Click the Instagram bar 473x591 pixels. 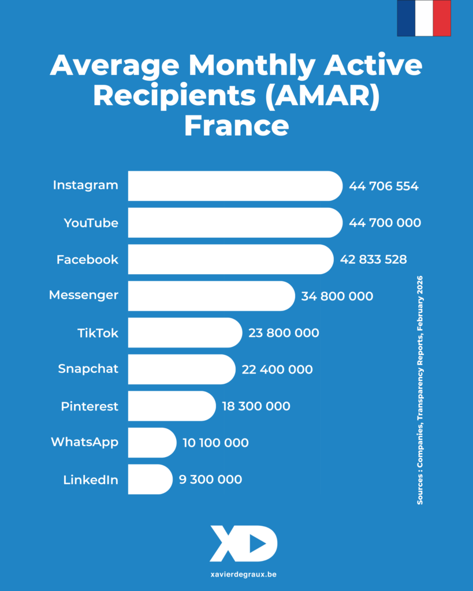click(234, 186)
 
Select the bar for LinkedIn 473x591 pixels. click(150, 480)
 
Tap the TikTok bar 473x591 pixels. click(184, 332)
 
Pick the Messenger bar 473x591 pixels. click(211, 296)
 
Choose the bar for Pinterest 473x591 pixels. click(171, 406)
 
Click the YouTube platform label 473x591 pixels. click(91, 223)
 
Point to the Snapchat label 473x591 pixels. click(88, 369)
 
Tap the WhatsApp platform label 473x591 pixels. click(84, 443)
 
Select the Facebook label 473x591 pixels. click(87, 260)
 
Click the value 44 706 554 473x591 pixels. click(383, 186)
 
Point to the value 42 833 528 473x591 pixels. click(373, 260)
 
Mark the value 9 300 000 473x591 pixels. click(210, 480)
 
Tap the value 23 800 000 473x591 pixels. click(284, 333)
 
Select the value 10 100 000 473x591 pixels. click(215, 443)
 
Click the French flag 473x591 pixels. click(423, 18)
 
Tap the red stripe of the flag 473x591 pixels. click(442, 18)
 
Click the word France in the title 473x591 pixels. click(236, 125)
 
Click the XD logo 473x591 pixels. click(243, 543)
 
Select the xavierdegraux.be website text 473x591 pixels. click(236, 575)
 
